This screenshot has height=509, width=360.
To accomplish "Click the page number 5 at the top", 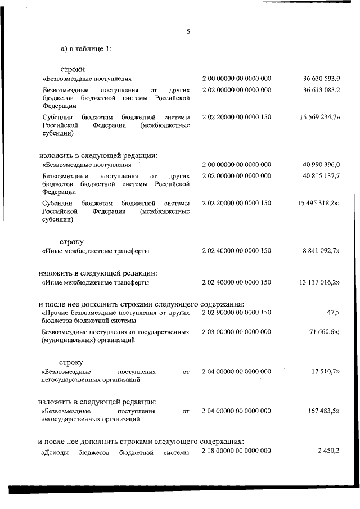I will pos(188,32).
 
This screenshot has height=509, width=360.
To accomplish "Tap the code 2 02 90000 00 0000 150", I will pos(237,312).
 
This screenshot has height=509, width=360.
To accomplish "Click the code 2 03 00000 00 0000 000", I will pos(237,332).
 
